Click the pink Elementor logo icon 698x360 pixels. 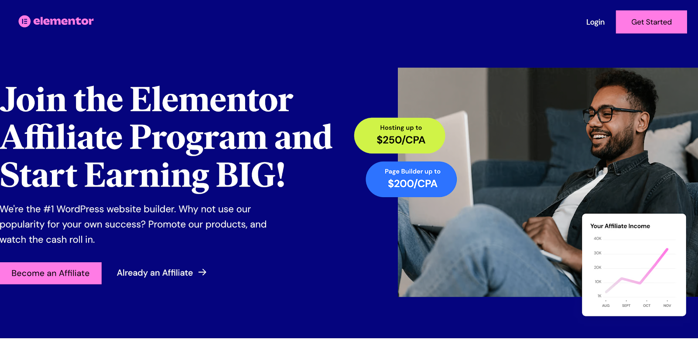click(x=24, y=21)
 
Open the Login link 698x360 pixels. click(x=595, y=22)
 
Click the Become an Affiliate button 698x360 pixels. click(x=51, y=273)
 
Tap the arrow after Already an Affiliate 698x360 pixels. click(x=202, y=272)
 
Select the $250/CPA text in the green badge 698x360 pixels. click(x=401, y=140)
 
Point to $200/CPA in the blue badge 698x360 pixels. click(x=412, y=184)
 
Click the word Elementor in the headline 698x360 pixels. click(x=212, y=100)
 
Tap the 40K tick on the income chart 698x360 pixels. click(x=597, y=239)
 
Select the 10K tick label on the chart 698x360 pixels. click(x=598, y=282)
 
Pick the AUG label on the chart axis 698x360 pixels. click(x=606, y=305)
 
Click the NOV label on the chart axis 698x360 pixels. click(x=667, y=305)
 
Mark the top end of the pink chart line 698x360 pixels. click(x=667, y=249)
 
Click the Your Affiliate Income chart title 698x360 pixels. click(x=620, y=226)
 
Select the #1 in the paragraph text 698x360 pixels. click(x=49, y=209)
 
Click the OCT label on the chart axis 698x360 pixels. click(x=647, y=305)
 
